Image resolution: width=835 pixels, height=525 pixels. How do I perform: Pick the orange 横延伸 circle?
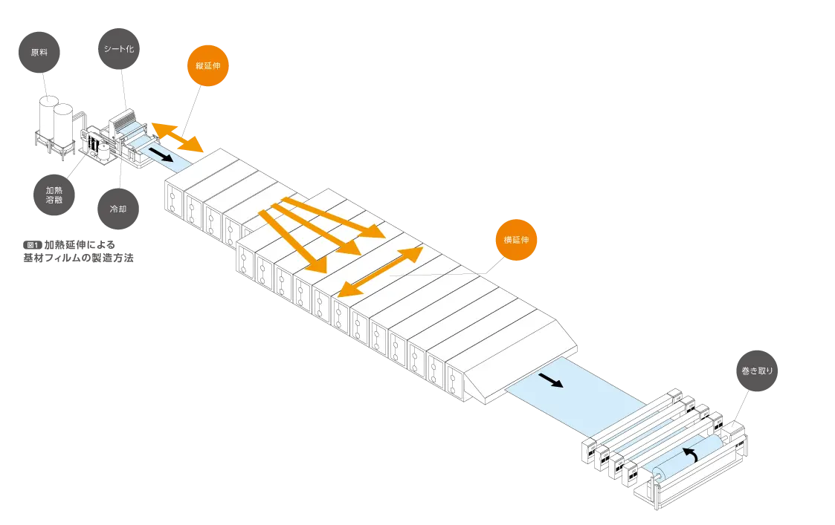coord(515,241)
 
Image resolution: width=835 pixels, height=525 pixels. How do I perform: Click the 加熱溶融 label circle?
coord(54,195)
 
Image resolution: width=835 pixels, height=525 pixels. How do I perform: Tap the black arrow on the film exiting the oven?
coord(551,381)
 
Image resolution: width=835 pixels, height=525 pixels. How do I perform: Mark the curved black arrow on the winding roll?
coord(691,454)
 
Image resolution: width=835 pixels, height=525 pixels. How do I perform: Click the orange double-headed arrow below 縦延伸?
coord(177,138)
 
